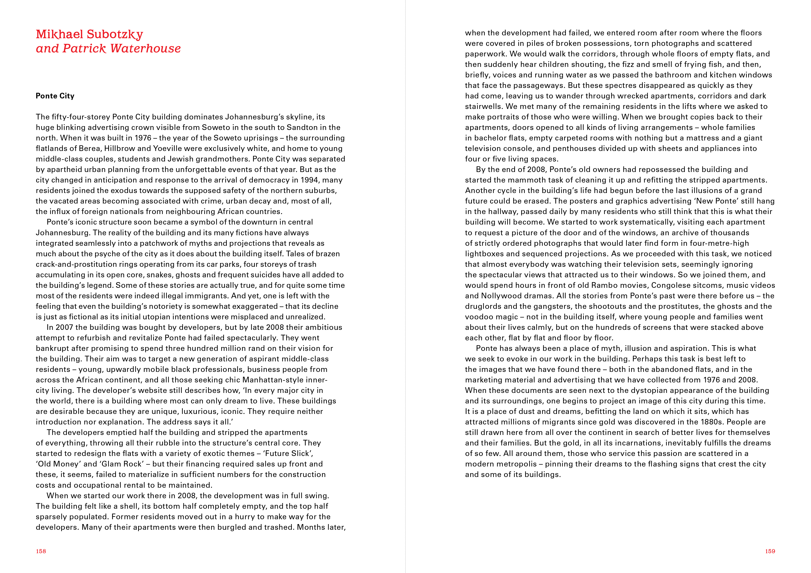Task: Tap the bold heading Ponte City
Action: pos(55,96)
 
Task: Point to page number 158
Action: pos(41,551)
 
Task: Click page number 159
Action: pos(770,551)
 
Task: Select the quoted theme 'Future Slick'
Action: pos(288,453)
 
